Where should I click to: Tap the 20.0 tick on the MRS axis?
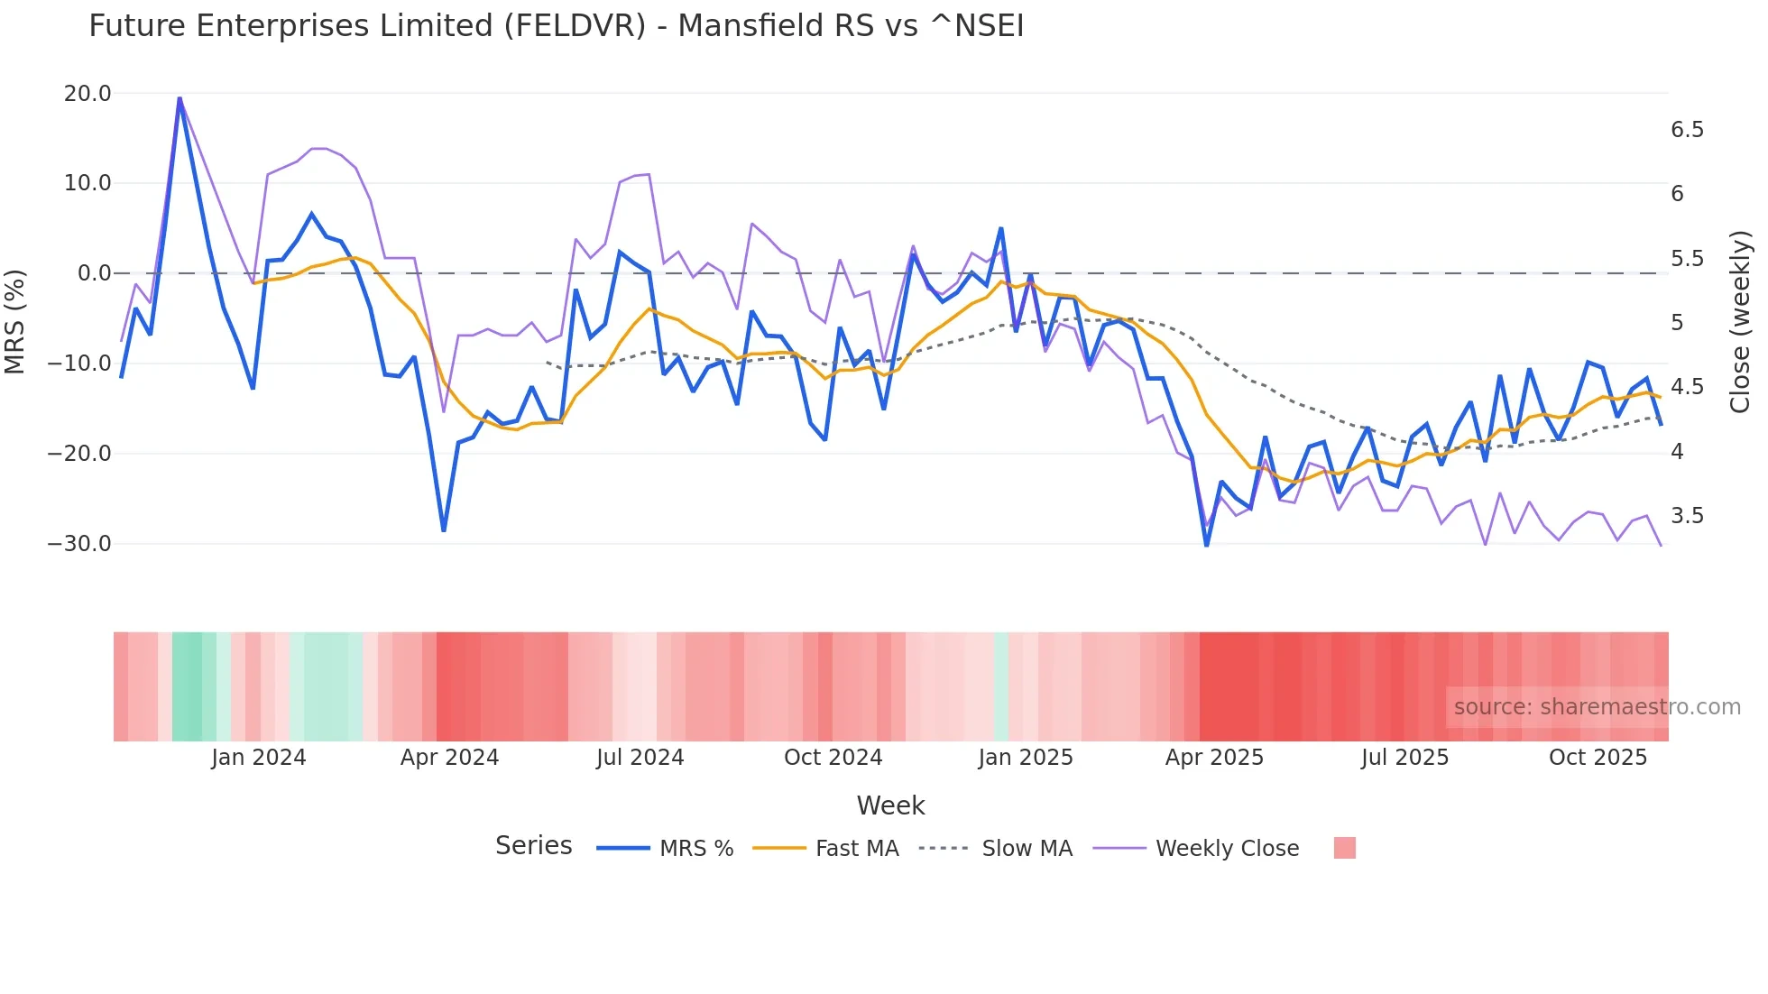[x=87, y=94]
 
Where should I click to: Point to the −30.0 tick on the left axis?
[x=79, y=544]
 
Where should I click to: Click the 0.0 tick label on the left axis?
[x=95, y=273]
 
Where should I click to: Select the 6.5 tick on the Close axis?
[x=1687, y=130]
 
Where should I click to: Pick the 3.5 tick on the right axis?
[x=1687, y=516]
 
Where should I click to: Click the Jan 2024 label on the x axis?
[x=259, y=758]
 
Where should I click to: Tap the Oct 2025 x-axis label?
[x=1598, y=758]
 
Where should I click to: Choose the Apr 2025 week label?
[x=1214, y=758]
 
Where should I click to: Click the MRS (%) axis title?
[x=15, y=321]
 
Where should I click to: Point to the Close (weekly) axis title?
[x=1740, y=322]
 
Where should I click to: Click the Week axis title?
[x=890, y=805]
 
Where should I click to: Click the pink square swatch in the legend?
[x=1344, y=848]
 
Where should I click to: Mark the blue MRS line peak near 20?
[x=180, y=98]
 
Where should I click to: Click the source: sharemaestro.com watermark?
[x=1597, y=707]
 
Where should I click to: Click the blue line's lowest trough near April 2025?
[x=1207, y=545]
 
